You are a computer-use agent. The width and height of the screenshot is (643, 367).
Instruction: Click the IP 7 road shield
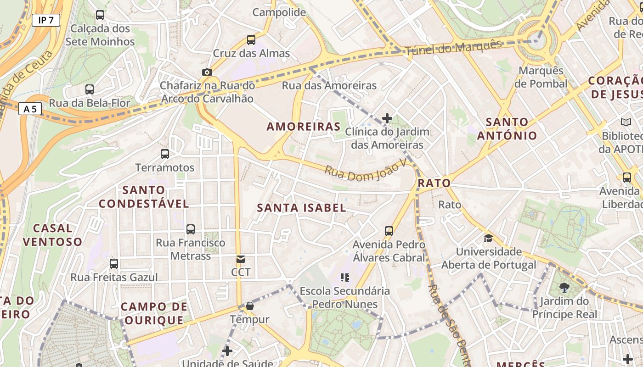pos(46,20)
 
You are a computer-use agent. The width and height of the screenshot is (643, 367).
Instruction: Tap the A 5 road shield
pos(30,109)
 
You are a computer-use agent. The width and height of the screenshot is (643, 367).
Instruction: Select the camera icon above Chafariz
pos(207,72)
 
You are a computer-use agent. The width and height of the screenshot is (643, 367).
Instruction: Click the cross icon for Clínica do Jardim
pos(387,118)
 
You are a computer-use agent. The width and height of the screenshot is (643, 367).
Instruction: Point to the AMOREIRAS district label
pos(304,127)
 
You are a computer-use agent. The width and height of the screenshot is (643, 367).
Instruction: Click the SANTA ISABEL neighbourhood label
pos(301,208)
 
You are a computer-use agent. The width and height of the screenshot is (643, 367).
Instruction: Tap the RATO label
pos(434,183)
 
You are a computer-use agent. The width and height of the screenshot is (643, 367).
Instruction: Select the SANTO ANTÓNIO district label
pos(507,129)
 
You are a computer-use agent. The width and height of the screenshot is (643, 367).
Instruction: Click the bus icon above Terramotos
pos(165,154)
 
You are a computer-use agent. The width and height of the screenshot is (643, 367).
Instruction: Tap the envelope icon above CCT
pos(241,259)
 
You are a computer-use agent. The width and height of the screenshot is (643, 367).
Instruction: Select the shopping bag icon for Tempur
pos(250,306)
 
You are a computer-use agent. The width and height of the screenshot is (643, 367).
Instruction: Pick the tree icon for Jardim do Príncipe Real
pos(564,288)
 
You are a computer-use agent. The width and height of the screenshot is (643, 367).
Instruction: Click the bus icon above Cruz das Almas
pos(251,40)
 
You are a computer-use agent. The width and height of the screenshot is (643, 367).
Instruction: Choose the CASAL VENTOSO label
pos(52,235)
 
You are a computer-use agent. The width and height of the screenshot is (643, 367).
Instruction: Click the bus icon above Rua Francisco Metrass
pos(191,229)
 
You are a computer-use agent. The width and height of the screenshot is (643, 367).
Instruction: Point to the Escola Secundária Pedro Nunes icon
pos(345,277)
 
